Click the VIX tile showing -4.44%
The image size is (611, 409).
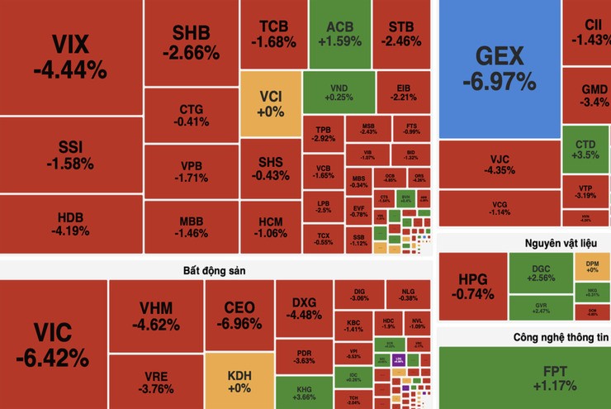coord(70,57)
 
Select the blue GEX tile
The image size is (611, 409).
coord(499,68)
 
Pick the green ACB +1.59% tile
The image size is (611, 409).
coord(339,33)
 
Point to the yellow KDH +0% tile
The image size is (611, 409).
coord(239,381)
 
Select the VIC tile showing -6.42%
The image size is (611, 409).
coord(53,345)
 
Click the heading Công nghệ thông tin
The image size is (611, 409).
coord(560,337)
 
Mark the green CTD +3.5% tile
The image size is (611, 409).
coord(585,150)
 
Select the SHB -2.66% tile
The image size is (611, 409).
coord(191,43)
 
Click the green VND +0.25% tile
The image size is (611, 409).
coord(339,91)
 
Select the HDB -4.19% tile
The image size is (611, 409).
coord(70,224)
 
